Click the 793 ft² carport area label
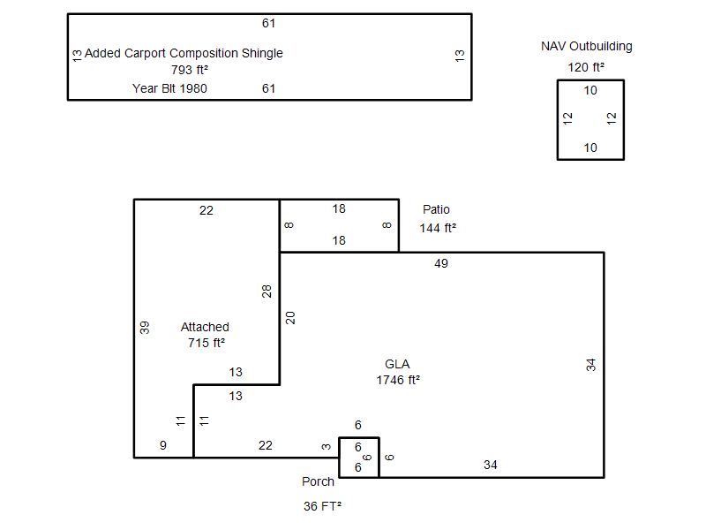190,70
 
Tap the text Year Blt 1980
169,88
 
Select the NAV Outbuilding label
587,46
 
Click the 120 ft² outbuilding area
586,67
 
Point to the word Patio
436,209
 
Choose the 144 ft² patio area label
438,228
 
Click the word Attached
205,327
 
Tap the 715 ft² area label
207,343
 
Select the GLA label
397,364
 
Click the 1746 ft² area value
398,380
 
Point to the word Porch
318,481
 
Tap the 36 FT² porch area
322,506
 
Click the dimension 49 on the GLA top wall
441,263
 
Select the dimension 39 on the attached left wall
144,327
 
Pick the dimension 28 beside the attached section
267,291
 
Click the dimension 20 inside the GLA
290,318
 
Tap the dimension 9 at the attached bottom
163,445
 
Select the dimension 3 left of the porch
326,447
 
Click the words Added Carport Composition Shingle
184,53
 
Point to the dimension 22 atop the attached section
207,210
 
